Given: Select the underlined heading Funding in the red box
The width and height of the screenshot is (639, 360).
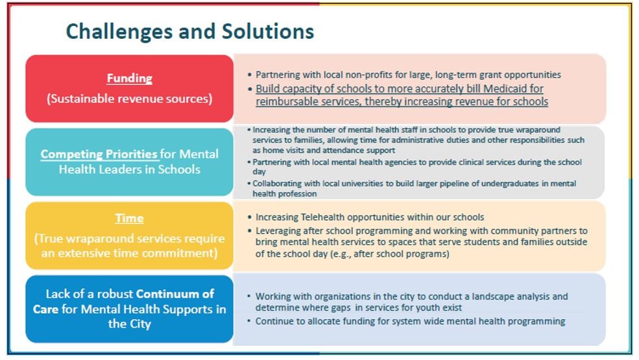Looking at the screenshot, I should pos(130,78).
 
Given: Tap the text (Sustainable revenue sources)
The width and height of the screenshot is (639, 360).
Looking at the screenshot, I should pos(129,99).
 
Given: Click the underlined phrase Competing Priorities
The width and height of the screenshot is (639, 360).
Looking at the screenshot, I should pos(99,154).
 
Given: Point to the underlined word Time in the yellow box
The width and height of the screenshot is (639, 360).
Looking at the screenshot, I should pos(129,218).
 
